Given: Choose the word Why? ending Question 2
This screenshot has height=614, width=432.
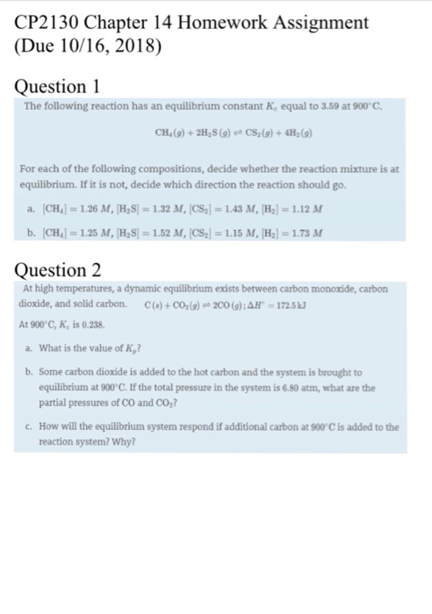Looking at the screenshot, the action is tap(123, 441).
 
